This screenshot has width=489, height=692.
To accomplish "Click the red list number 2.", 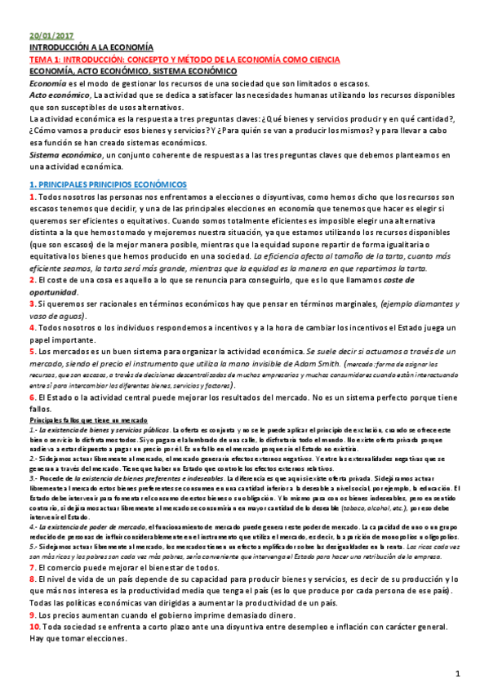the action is tap(33, 281).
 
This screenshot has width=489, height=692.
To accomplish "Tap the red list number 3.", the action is tap(33, 304).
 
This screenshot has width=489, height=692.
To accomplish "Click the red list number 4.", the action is tap(33, 327).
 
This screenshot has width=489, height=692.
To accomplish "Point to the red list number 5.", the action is tap(33, 350).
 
